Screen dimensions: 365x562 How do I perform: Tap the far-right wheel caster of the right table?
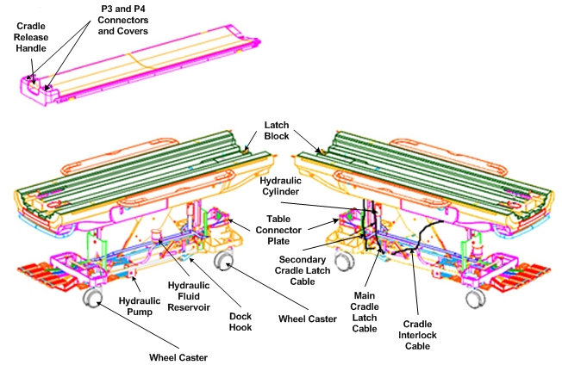[472, 297]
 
